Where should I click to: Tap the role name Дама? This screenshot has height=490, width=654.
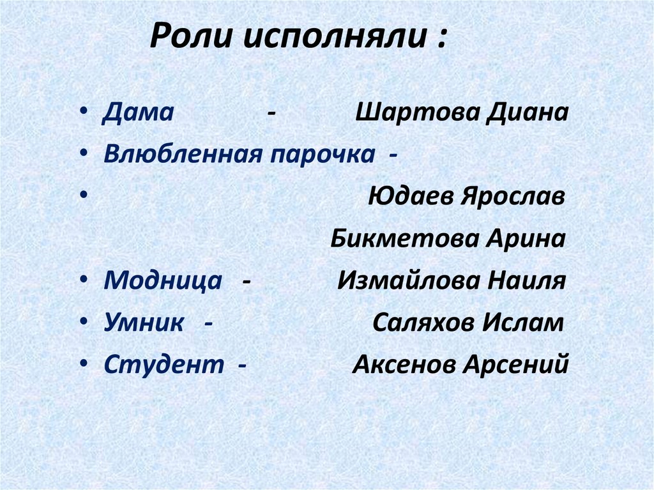(x=139, y=113)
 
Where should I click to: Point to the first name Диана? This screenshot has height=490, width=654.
(x=527, y=113)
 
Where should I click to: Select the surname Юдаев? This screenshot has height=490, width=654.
(x=410, y=197)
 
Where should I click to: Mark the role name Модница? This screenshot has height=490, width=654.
(x=163, y=281)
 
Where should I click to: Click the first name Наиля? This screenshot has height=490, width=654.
(x=526, y=281)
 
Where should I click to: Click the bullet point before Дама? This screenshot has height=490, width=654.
(x=86, y=113)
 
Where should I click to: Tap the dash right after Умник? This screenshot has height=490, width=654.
(x=209, y=323)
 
